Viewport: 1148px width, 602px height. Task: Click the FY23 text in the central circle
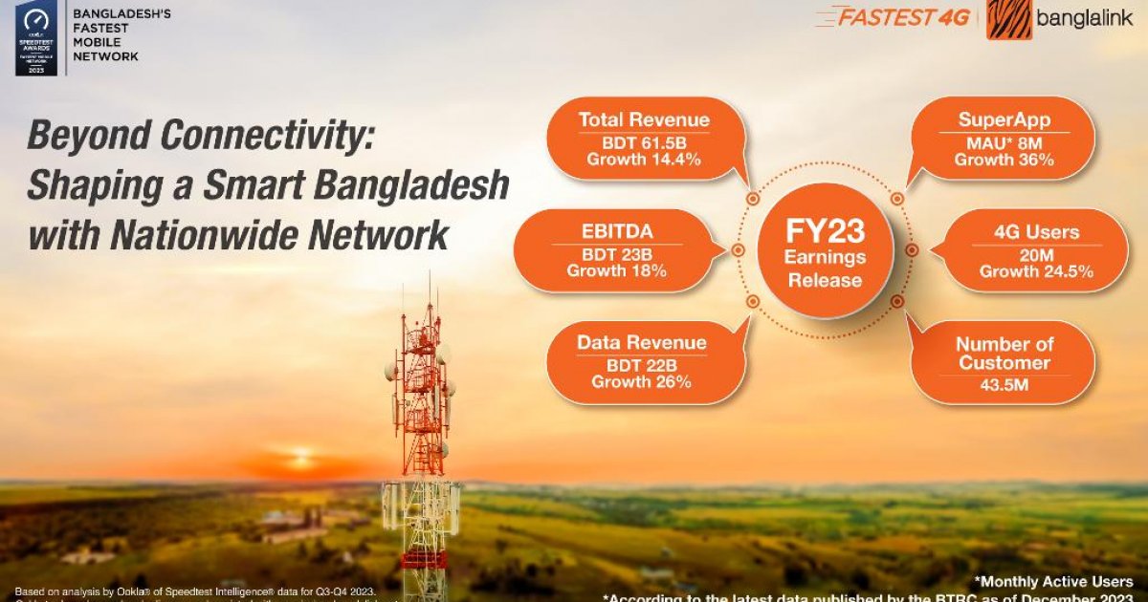[x=825, y=232]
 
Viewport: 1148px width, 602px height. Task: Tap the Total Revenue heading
[x=644, y=119]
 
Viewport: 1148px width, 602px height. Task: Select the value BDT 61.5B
[x=644, y=141]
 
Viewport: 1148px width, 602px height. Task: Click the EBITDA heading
[x=616, y=231]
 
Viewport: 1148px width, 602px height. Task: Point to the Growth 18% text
[x=616, y=271]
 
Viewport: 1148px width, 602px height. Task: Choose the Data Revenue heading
[x=642, y=342]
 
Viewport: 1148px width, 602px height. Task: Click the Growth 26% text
[x=642, y=382]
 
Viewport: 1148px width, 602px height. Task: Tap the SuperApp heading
[x=1004, y=120]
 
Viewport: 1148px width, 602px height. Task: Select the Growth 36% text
[x=1004, y=160]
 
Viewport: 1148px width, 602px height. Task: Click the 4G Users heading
[x=1036, y=232]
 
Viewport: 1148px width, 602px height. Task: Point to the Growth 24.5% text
[x=1036, y=272]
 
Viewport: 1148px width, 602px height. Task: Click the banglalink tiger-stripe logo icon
[x=1009, y=18]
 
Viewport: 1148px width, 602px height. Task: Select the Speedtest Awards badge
[x=34, y=38]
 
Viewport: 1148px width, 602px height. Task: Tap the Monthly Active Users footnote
[x=1053, y=581]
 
